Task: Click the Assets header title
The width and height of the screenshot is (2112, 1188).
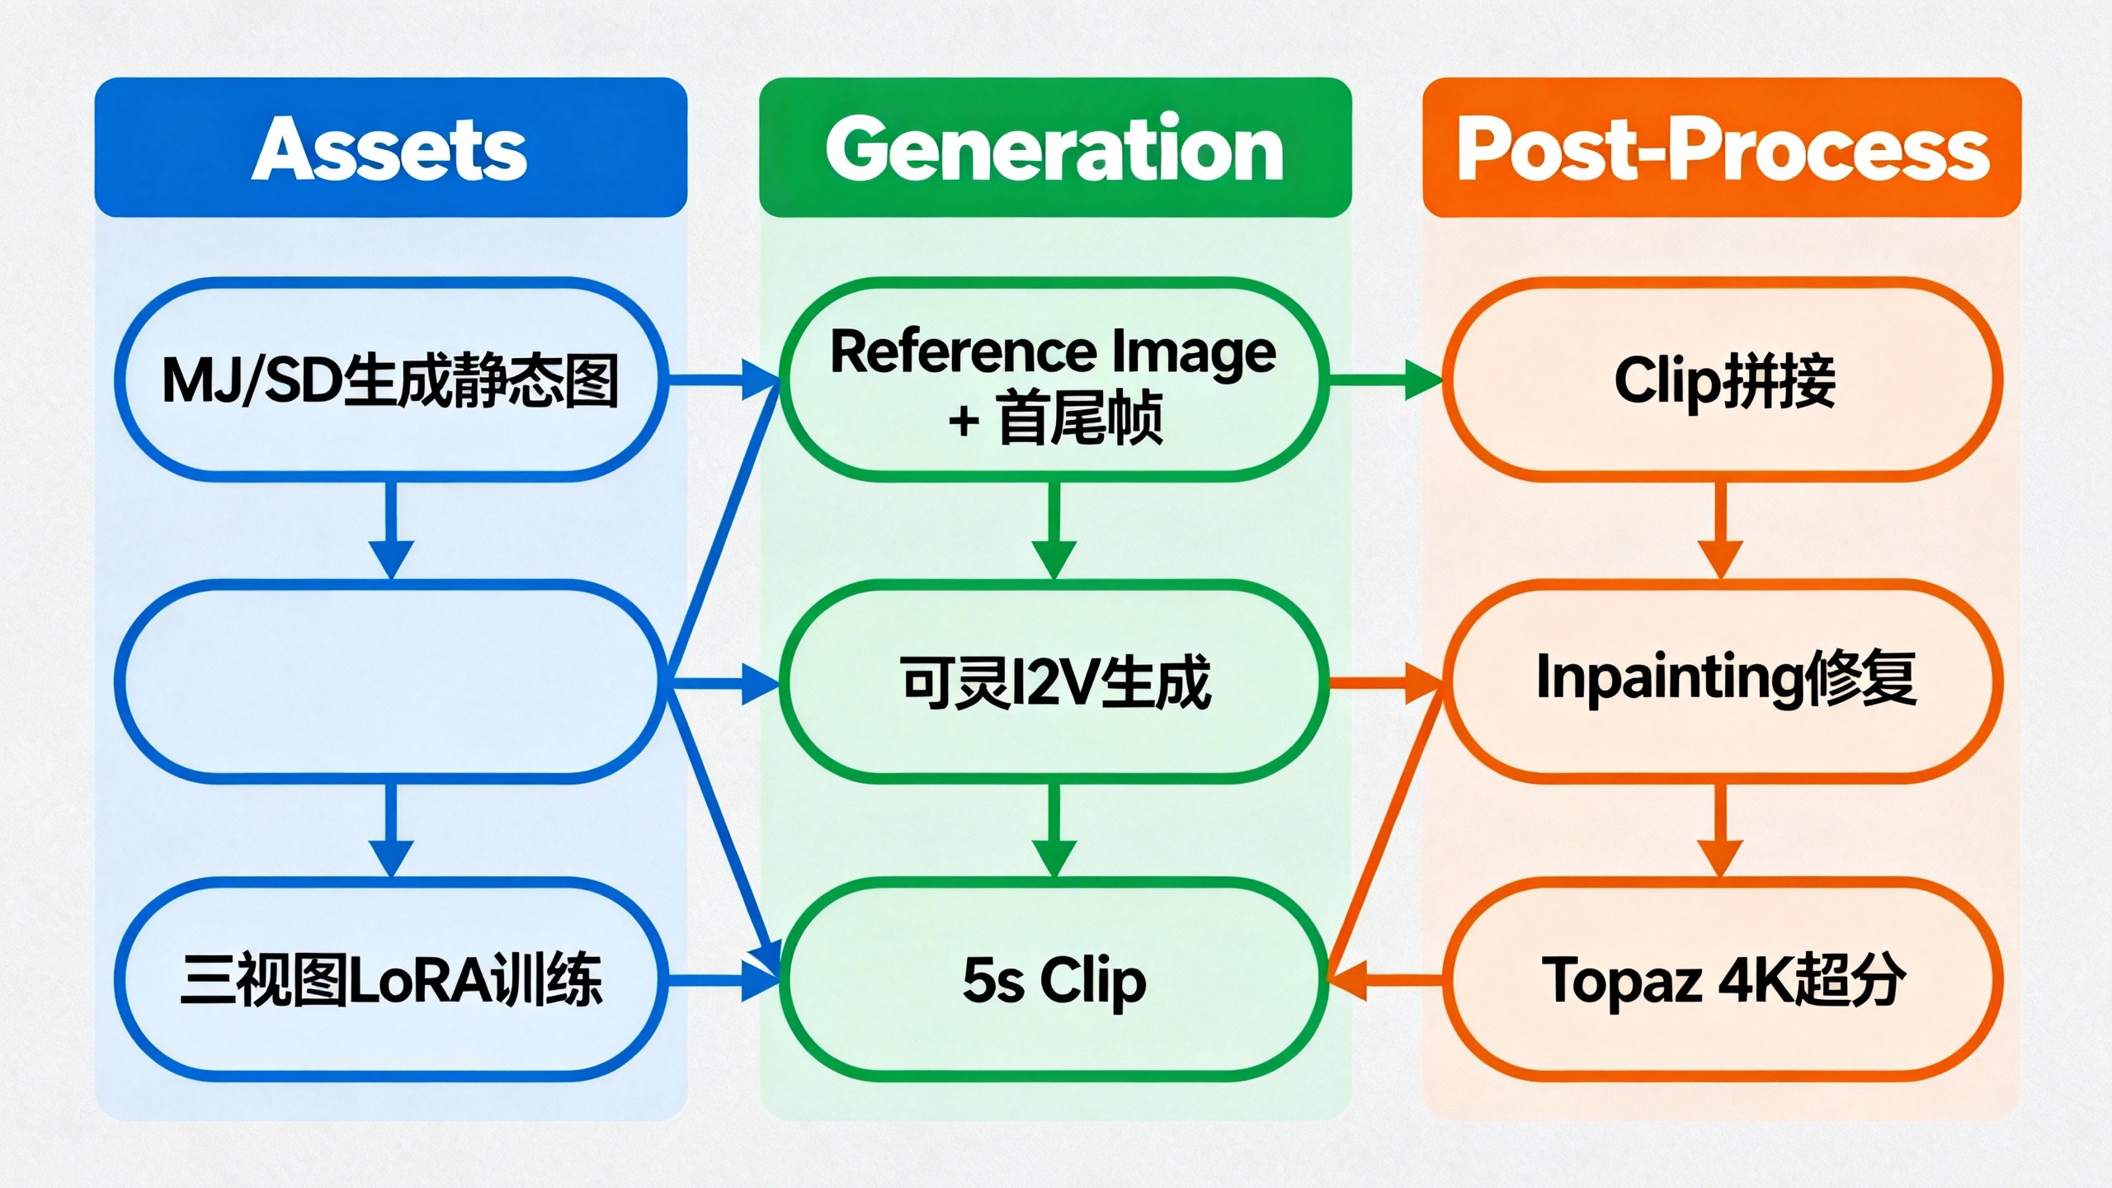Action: point(389,148)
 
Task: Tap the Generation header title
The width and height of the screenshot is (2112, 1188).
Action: point(1054,148)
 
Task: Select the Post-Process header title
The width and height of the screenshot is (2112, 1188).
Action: point(1723,148)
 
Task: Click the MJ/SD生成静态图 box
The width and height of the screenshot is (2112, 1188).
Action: point(389,379)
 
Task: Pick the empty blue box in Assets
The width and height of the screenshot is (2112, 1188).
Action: point(389,681)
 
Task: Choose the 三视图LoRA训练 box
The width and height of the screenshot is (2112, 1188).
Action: point(389,980)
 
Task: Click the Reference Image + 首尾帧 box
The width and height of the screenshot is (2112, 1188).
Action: point(1054,379)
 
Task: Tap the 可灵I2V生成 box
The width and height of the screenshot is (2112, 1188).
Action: point(1054,681)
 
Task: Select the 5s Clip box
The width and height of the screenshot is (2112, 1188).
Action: point(1054,980)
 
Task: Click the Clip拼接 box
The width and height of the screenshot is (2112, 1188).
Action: point(1723,379)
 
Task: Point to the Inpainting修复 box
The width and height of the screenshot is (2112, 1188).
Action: point(1723,681)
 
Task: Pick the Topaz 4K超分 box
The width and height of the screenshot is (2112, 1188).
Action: point(1723,980)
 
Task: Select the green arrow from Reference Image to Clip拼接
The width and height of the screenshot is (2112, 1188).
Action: point(1386,379)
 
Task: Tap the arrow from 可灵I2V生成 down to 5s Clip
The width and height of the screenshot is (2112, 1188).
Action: point(1054,829)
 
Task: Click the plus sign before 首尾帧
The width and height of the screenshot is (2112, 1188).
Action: point(964,422)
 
